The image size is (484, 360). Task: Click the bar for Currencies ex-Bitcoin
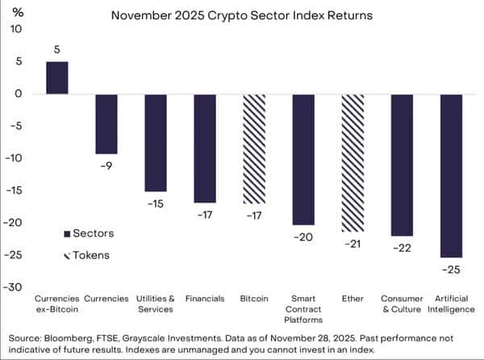tap(56, 78)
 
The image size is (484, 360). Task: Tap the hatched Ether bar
tap(353, 162)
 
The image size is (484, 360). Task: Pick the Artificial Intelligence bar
tap(451, 175)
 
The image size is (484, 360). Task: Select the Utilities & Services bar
tap(156, 143)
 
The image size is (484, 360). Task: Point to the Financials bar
tap(205, 149)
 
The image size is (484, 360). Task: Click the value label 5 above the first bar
tap(56, 50)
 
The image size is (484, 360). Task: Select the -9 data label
tap(106, 166)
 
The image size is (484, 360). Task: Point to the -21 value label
tap(353, 244)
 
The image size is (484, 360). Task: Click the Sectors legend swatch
tap(66, 234)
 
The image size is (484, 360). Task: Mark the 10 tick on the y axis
tap(18, 29)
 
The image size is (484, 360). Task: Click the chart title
tap(241, 15)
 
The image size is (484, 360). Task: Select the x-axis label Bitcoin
tap(254, 299)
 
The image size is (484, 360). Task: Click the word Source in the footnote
tap(27, 337)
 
